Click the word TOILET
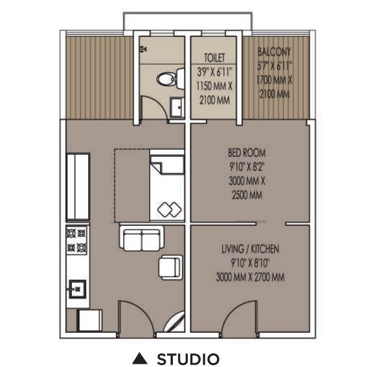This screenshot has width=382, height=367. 214,57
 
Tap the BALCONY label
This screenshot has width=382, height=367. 274,51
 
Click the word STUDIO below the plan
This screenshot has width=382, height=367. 188,359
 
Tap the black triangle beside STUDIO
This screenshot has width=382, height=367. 137,359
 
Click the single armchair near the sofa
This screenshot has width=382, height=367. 170,266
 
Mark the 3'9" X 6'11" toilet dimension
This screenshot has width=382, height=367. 214,71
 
